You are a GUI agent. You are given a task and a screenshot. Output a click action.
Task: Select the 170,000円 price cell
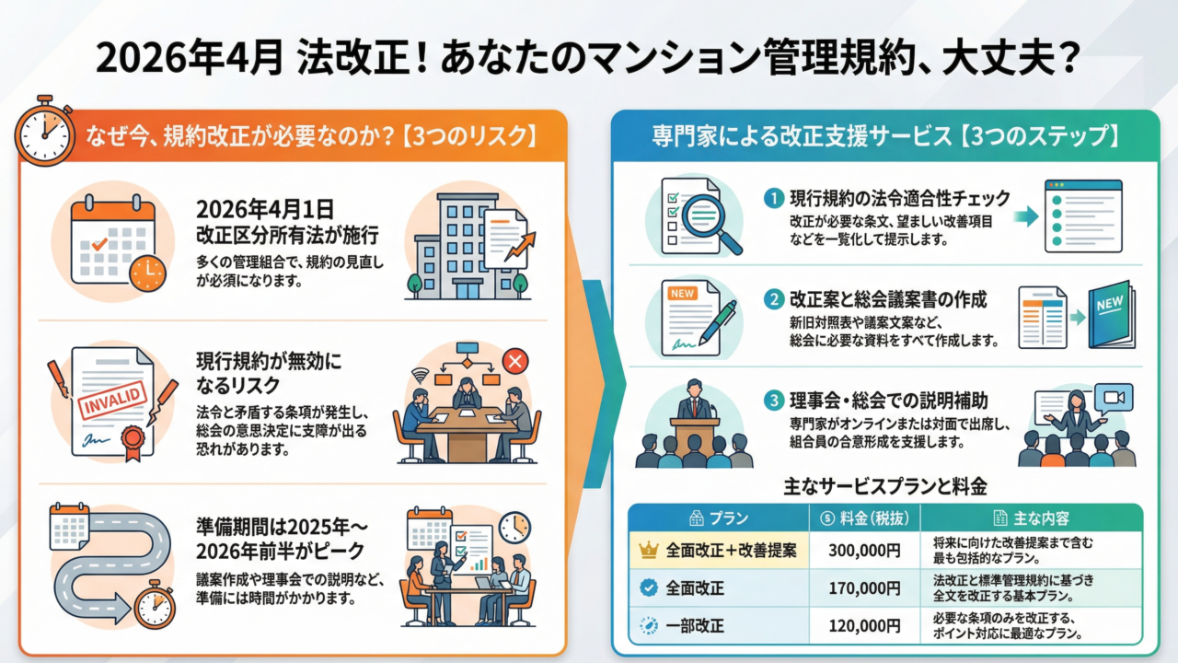pyautogui.click(x=864, y=587)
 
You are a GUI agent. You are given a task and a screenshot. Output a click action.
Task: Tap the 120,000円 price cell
pyautogui.click(x=864, y=625)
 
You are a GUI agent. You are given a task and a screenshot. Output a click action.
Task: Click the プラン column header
pyautogui.click(x=717, y=518)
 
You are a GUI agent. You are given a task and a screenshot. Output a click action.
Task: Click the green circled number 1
pyautogui.click(x=774, y=198)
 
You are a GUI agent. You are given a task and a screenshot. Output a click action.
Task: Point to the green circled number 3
pyautogui.click(x=774, y=401)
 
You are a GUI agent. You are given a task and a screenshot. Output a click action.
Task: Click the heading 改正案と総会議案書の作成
pyautogui.click(x=888, y=300)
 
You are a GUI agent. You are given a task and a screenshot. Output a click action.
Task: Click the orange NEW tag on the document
pyautogui.click(x=683, y=293)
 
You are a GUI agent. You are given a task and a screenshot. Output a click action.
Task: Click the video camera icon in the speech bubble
pyautogui.click(x=1114, y=397)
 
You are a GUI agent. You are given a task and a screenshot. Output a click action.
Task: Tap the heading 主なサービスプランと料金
pyautogui.click(x=884, y=485)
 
